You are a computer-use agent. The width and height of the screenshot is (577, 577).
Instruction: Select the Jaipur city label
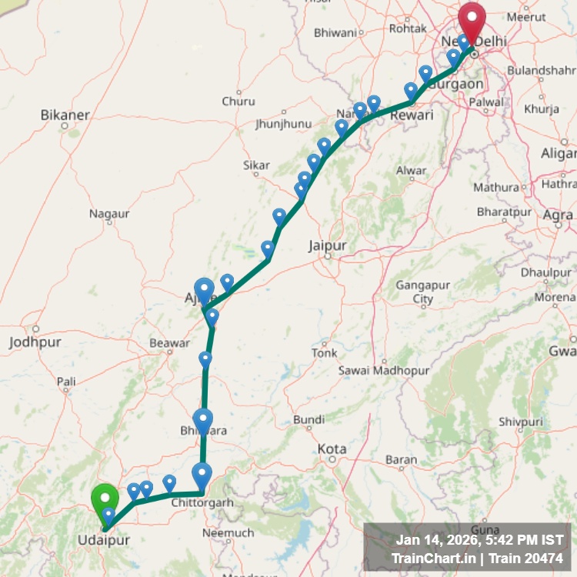point(327,246)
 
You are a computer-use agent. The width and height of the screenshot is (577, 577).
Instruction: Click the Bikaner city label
point(65,115)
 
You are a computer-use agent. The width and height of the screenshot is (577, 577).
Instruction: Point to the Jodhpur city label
point(35,342)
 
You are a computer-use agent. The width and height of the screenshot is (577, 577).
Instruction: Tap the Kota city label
point(332,449)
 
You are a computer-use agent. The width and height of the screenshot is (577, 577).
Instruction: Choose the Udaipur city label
point(102,541)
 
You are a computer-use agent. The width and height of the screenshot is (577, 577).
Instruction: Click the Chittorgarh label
point(203,503)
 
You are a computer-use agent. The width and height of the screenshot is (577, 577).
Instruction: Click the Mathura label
point(496,187)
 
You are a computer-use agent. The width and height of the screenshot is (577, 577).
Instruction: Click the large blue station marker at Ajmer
point(204,291)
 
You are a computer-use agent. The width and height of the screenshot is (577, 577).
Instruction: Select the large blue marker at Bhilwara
point(203,420)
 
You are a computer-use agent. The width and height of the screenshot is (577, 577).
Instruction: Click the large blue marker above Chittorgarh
point(202,474)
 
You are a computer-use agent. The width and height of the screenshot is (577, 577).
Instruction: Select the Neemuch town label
point(228,533)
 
